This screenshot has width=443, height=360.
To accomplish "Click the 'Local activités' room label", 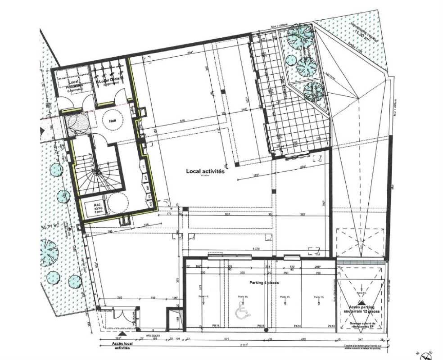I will (205, 171).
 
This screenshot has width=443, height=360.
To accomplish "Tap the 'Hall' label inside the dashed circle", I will (113, 121).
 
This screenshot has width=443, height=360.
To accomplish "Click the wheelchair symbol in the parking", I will (242, 312).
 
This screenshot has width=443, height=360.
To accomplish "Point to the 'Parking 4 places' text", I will (264, 283).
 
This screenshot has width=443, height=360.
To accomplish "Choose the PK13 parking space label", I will (331, 325).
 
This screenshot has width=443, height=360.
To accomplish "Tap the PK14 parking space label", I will (297, 325).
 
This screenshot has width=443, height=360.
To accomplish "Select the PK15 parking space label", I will (260, 325).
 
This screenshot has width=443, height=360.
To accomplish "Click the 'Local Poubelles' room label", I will (72, 85).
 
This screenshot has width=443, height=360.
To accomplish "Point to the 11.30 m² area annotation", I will (360, 33).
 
